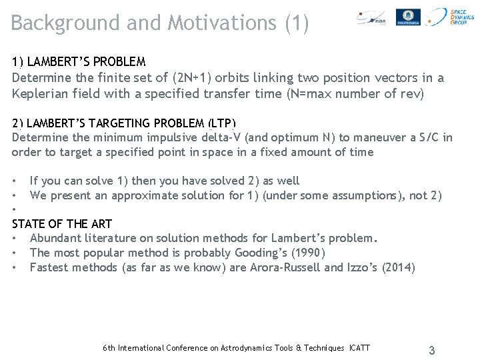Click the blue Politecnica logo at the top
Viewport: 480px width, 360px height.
click(407, 17)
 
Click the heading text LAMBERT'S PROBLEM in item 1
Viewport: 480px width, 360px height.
click(86, 62)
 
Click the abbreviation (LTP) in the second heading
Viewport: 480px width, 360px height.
click(221, 123)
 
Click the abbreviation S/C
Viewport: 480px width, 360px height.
click(425, 138)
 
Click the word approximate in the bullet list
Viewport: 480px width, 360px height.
click(145, 195)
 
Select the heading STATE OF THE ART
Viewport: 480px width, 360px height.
click(62, 224)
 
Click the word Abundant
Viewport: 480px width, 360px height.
click(57, 238)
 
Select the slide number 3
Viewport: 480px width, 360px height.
click(432, 351)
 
